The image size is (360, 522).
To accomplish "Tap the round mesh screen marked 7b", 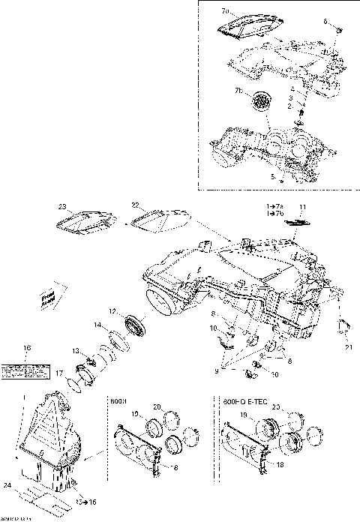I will tap(262, 102).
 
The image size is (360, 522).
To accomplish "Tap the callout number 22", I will tap(136, 204).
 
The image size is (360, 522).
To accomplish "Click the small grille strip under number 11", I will tap(300, 222).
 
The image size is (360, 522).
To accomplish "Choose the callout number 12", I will tap(112, 311).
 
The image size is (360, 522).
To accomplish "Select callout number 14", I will tap(97, 325).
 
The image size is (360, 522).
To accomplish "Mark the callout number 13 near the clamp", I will tap(76, 351).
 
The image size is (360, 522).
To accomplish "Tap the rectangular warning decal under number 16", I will tap(25, 370).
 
